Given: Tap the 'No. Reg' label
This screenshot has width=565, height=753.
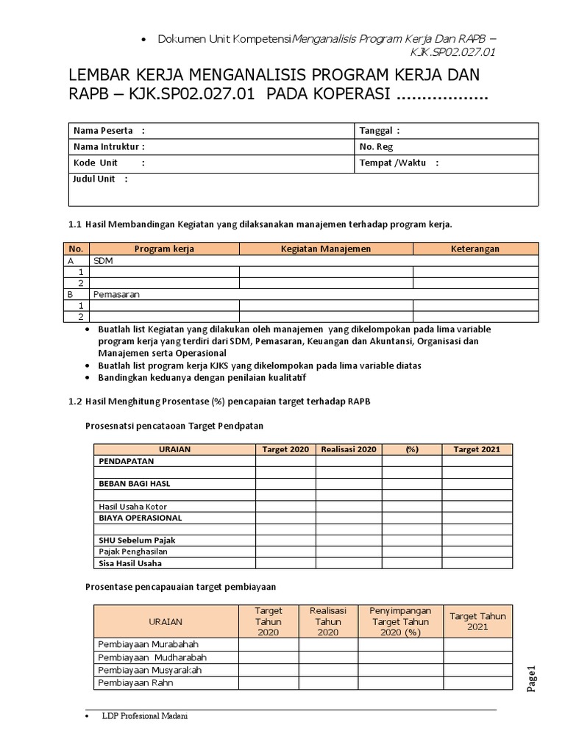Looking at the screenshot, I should pos(376,146).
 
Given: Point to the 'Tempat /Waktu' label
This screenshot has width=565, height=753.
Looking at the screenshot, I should pos(394,163).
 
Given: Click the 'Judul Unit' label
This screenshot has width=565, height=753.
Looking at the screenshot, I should pos(93,179).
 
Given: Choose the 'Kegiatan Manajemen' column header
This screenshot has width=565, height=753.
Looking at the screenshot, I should pos(325,249).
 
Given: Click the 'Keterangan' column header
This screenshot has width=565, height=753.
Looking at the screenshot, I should pos(475,249).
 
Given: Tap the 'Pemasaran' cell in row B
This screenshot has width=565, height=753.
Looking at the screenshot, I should pos(116,293).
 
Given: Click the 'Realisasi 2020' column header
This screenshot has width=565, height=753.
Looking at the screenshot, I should pos(349,449).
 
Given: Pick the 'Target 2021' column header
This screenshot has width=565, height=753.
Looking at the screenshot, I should pos(476,449).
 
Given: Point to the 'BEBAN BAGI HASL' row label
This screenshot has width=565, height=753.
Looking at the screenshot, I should pos(135,484).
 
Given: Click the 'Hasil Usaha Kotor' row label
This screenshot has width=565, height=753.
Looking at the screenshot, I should pos(132,506).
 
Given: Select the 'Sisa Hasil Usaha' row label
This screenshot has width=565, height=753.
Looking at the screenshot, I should pos(130,563).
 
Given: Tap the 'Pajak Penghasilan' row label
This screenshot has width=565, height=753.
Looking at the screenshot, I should pos(133,552).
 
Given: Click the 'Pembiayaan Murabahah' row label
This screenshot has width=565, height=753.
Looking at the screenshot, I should pos(148,644).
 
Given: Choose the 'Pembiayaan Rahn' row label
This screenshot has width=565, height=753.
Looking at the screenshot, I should pos(136,683).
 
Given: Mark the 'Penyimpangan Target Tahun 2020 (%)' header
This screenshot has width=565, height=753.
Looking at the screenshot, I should pos(399,621).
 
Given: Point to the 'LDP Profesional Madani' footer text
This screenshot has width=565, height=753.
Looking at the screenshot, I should pos(144,716).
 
